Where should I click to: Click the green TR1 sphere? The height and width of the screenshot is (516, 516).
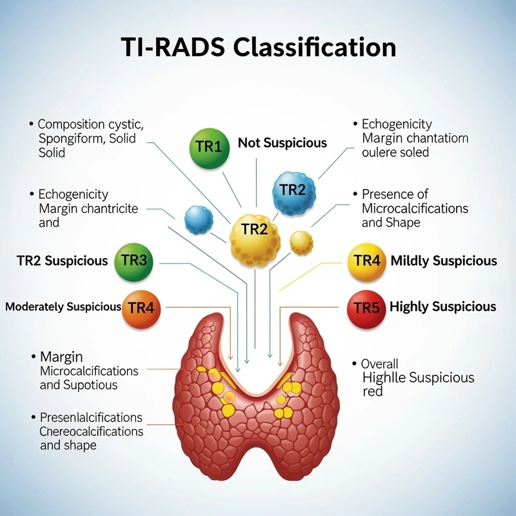click(x=208, y=146)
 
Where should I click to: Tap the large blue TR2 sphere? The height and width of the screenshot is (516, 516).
click(x=293, y=189)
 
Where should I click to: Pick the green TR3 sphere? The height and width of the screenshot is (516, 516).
click(x=134, y=261)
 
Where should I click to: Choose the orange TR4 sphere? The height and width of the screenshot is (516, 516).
click(x=141, y=306)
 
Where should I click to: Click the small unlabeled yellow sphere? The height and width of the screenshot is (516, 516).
click(x=301, y=242)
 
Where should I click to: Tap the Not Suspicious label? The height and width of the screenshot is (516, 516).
click(x=283, y=143)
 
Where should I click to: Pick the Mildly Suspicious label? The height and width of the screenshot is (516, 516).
click(x=444, y=261)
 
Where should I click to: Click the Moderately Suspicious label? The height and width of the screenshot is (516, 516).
click(x=63, y=307)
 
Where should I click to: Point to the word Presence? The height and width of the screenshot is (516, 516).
click(x=386, y=194)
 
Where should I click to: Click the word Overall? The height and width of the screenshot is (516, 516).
click(x=380, y=363)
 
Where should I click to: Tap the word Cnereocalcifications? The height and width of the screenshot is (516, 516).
click(x=91, y=431)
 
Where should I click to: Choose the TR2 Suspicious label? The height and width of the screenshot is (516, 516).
click(x=62, y=261)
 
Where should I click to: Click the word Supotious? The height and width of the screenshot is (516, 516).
click(x=90, y=385)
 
